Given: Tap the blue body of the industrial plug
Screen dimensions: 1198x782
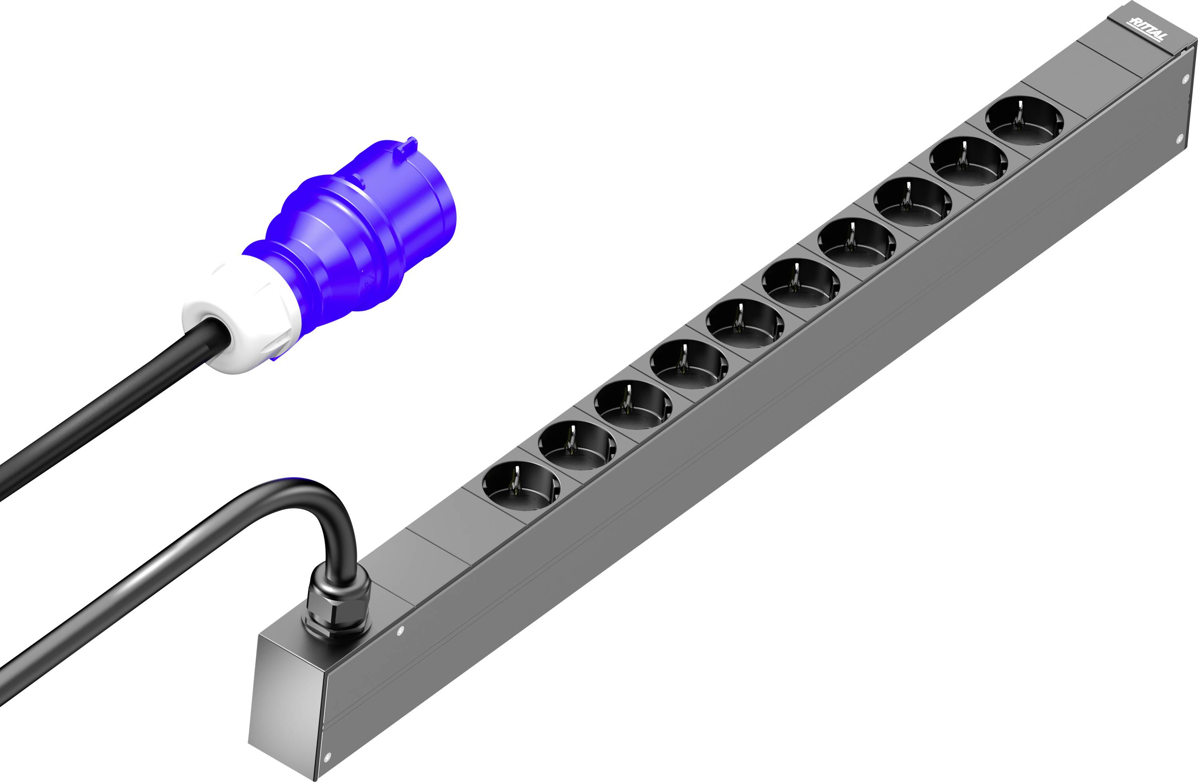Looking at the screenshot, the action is pyautogui.click(x=357, y=237).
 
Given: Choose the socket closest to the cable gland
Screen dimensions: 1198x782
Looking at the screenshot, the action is pyautogui.click(x=521, y=486).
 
